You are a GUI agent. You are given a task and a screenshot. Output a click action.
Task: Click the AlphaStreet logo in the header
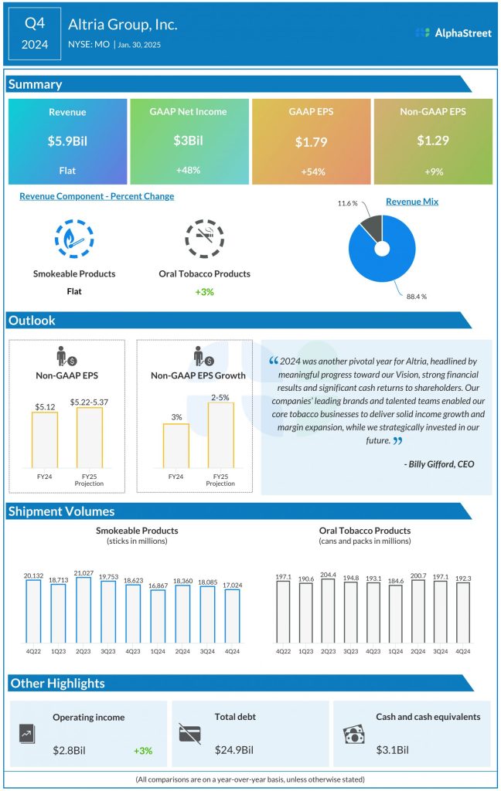click(x=453, y=33)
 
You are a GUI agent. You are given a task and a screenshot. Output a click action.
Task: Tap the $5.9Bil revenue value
click(x=67, y=141)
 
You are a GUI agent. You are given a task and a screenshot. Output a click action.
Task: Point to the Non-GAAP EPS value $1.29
click(x=433, y=141)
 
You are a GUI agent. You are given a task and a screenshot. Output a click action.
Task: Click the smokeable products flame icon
click(x=74, y=240)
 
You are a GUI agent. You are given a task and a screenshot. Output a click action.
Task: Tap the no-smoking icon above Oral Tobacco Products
click(x=204, y=240)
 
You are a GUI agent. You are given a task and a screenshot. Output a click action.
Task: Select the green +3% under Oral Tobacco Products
click(x=204, y=291)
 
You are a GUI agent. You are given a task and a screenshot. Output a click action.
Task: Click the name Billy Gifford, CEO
click(x=439, y=464)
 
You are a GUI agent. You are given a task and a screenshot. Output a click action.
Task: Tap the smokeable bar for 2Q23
click(x=83, y=610)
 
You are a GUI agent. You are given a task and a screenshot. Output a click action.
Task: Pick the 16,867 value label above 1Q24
click(x=158, y=586)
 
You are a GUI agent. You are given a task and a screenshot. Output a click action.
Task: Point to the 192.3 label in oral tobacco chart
click(x=463, y=577)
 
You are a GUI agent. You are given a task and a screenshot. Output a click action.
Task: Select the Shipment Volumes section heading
click(x=61, y=511)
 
